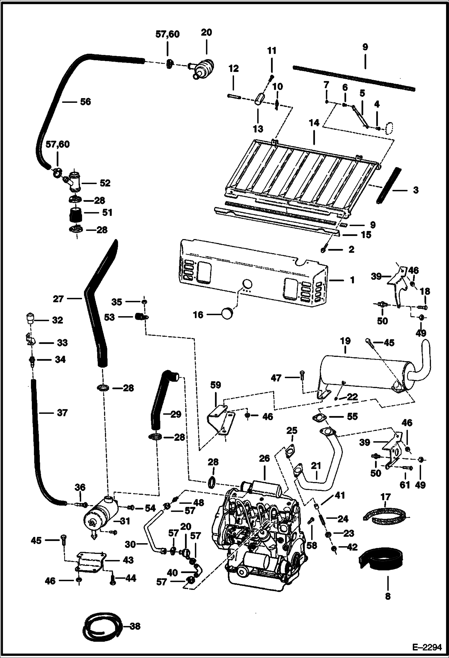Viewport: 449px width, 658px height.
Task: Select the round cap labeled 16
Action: (x=227, y=314)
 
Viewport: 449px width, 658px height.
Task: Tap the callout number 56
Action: (x=85, y=102)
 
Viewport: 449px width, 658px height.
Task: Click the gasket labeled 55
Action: (x=320, y=418)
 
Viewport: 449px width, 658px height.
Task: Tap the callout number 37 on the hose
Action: (x=62, y=413)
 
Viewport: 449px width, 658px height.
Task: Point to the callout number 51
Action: (x=107, y=212)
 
